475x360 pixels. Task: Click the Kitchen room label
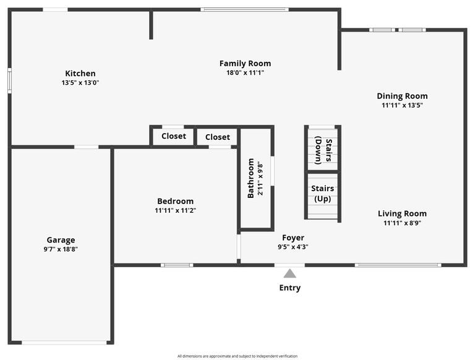pyautogui.click(x=80, y=74)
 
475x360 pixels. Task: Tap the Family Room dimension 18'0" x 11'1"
pyautogui.click(x=245, y=72)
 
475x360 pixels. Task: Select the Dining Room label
pyautogui.click(x=402, y=96)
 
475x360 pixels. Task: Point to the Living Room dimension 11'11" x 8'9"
pyautogui.click(x=402, y=223)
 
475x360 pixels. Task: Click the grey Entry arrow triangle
pyautogui.click(x=289, y=273)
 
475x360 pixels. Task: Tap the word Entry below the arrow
pyautogui.click(x=289, y=288)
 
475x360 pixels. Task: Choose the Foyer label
pyautogui.click(x=293, y=238)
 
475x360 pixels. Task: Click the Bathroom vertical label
pyautogui.click(x=251, y=179)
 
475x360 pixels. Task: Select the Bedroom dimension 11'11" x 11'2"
pyautogui.click(x=175, y=210)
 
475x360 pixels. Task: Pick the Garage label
pyautogui.click(x=61, y=240)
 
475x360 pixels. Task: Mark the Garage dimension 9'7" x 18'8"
pyautogui.click(x=61, y=249)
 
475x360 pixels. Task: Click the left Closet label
pyautogui.click(x=174, y=136)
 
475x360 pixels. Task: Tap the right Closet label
pyautogui.click(x=218, y=137)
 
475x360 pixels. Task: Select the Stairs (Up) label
pyautogui.click(x=322, y=194)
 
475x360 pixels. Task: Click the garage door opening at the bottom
pyautogui.click(x=64, y=343)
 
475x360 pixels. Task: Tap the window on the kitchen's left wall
pyautogui.click(x=10, y=80)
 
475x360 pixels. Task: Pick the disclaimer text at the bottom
pyautogui.click(x=237, y=356)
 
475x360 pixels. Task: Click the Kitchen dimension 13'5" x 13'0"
pyautogui.click(x=80, y=82)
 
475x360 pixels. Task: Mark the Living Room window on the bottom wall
pyautogui.click(x=398, y=265)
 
